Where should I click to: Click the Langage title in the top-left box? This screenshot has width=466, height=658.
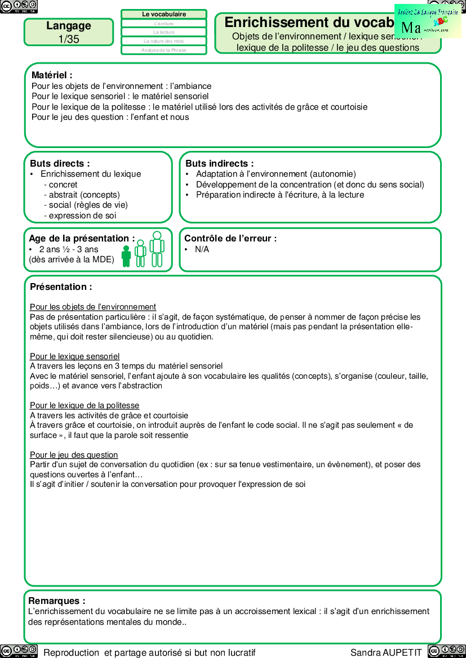tap(69, 26)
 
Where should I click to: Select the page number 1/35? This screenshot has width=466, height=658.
tap(69, 39)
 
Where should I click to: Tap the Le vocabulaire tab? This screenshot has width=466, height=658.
tap(164, 14)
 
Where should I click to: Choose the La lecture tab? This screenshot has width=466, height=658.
tap(164, 32)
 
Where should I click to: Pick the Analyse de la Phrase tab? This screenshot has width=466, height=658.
tap(164, 50)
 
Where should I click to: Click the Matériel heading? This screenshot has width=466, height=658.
tap(52, 75)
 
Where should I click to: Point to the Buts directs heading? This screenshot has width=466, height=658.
tap(60, 163)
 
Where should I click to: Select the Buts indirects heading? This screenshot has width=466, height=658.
tap(220, 163)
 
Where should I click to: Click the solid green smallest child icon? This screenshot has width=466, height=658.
tap(126, 256)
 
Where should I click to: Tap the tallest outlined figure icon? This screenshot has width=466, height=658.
tap(157, 249)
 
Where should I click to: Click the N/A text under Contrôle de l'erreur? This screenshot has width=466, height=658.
tap(202, 249)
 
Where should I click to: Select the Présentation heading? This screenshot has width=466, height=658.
tap(61, 287)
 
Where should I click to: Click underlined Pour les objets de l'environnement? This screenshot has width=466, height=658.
tap(93, 307)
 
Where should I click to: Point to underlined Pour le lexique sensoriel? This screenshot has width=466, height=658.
tap(75, 356)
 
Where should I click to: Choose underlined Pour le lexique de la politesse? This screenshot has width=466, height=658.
tap(85, 405)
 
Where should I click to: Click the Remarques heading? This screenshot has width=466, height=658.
tap(57, 601)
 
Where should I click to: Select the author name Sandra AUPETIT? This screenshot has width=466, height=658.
tap(386, 652)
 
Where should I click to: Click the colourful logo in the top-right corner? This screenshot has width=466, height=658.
tap(428, 21)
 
